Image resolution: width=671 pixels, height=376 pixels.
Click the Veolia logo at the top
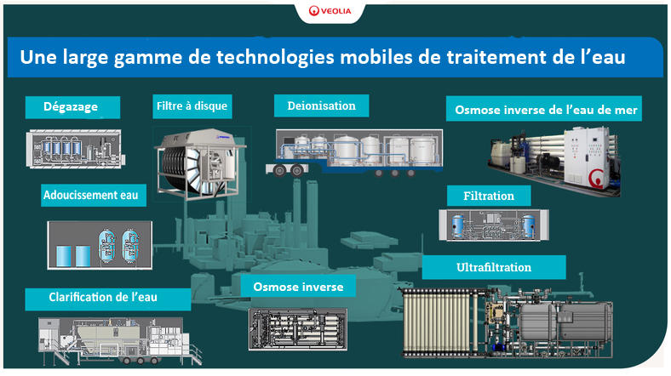click(330, 11)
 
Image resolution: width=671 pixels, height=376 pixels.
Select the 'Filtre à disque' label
click(192, 106)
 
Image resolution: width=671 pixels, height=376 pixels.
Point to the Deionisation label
click(321, 106)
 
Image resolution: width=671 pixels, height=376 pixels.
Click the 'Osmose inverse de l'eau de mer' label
click(544, 110)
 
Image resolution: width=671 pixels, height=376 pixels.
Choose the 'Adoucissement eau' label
click(94, 196)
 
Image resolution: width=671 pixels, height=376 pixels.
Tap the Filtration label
click(489, 196)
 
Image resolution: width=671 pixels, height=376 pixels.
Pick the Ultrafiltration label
click(494, 267)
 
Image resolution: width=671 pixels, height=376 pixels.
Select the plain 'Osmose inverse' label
click(298, 287)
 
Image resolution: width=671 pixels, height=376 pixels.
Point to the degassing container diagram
click(75, 149)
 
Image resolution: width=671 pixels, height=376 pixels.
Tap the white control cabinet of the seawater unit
click(586, 155)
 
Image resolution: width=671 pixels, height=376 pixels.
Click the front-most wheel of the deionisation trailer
click(279, 171)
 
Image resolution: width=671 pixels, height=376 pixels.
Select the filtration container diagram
click(493, 225)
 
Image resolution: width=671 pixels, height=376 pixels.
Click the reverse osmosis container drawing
click(298, 329)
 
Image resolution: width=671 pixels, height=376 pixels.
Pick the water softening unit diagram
click(100, 245)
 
